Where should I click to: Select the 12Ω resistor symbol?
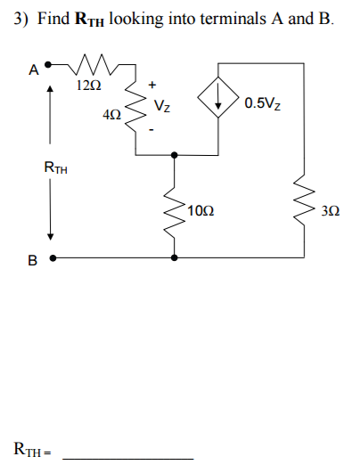tap(89, 65)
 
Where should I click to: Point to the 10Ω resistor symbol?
tap(174, 209)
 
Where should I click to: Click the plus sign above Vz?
tap(152, 85)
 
